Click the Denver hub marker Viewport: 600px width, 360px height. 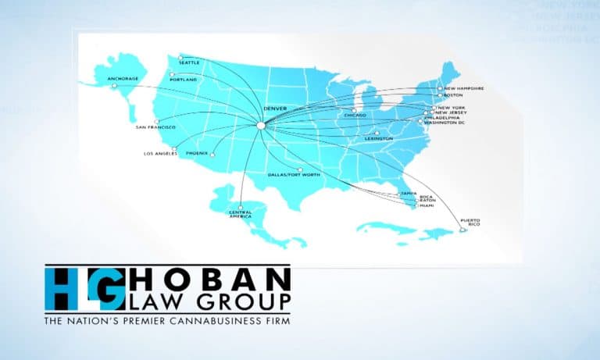coord(261,124)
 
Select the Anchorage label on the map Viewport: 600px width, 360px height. coord(122,79)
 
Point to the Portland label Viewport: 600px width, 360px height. coord(184,80)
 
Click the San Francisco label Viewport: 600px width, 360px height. coord(155,127)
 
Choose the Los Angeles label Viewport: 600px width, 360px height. coord(161,153)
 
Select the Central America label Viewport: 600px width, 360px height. coord(240,213)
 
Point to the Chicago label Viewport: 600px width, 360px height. coord(355,116)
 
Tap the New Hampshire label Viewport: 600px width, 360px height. coord(462,88)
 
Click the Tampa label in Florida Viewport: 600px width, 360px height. coord(408,193)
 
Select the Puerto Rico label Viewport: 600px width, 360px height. coord(470,223)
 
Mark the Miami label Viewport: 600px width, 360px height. coord(427,205)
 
